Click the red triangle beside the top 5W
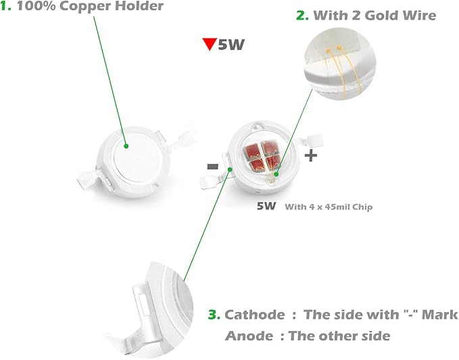click(x=210, y=44)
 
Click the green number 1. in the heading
click(x=6, y=6)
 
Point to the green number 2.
click(x=302, y=16)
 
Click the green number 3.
click(x=214, y=315)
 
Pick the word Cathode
click(x=255, y=315)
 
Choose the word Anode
click(x=249, y=336)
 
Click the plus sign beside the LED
click(x=311, y=155)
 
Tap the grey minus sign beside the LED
click(x=213, y=167)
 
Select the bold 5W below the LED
click(x=266, y=206)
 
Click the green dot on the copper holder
click(x=126, y=146)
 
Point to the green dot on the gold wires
click(x=276, y=174)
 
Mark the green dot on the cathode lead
click(x=230, y=170)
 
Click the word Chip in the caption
click(x=362, y=207)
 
